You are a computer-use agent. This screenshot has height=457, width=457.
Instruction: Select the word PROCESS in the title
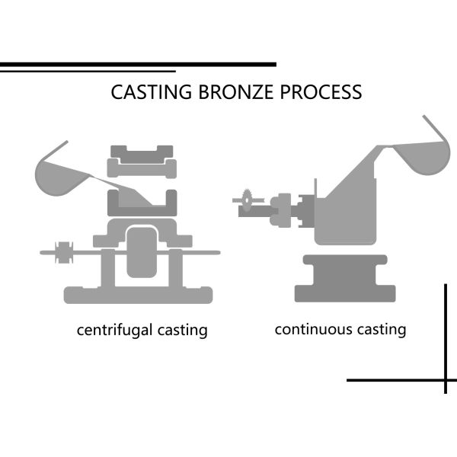click(x=320, y=92)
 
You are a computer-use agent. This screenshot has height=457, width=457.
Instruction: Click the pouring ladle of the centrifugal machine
click(x=59, y=171)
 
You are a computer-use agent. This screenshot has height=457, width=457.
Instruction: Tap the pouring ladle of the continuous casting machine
click(x=418, y=152)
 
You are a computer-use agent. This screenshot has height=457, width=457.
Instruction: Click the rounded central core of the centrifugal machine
click(x=142, y=251)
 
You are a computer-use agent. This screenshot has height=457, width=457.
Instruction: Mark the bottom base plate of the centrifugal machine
click(x=137, y=294)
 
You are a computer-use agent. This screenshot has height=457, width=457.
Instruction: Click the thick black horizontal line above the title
click(x=138, y=65)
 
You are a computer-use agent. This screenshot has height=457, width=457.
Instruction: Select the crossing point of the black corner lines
click(x=446, y=379)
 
